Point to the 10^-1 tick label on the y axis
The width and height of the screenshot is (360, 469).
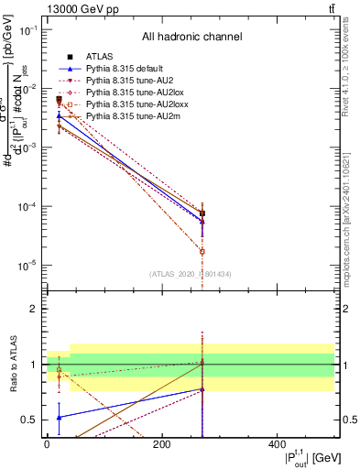pos(28,29)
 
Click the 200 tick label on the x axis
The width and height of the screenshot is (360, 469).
pos(161,444)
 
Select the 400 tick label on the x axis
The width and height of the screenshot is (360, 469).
pos(277,444)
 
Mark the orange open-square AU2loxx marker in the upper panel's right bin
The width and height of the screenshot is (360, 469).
pos(202,251)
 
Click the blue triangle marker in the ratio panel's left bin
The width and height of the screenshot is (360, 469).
pos(59,417)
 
